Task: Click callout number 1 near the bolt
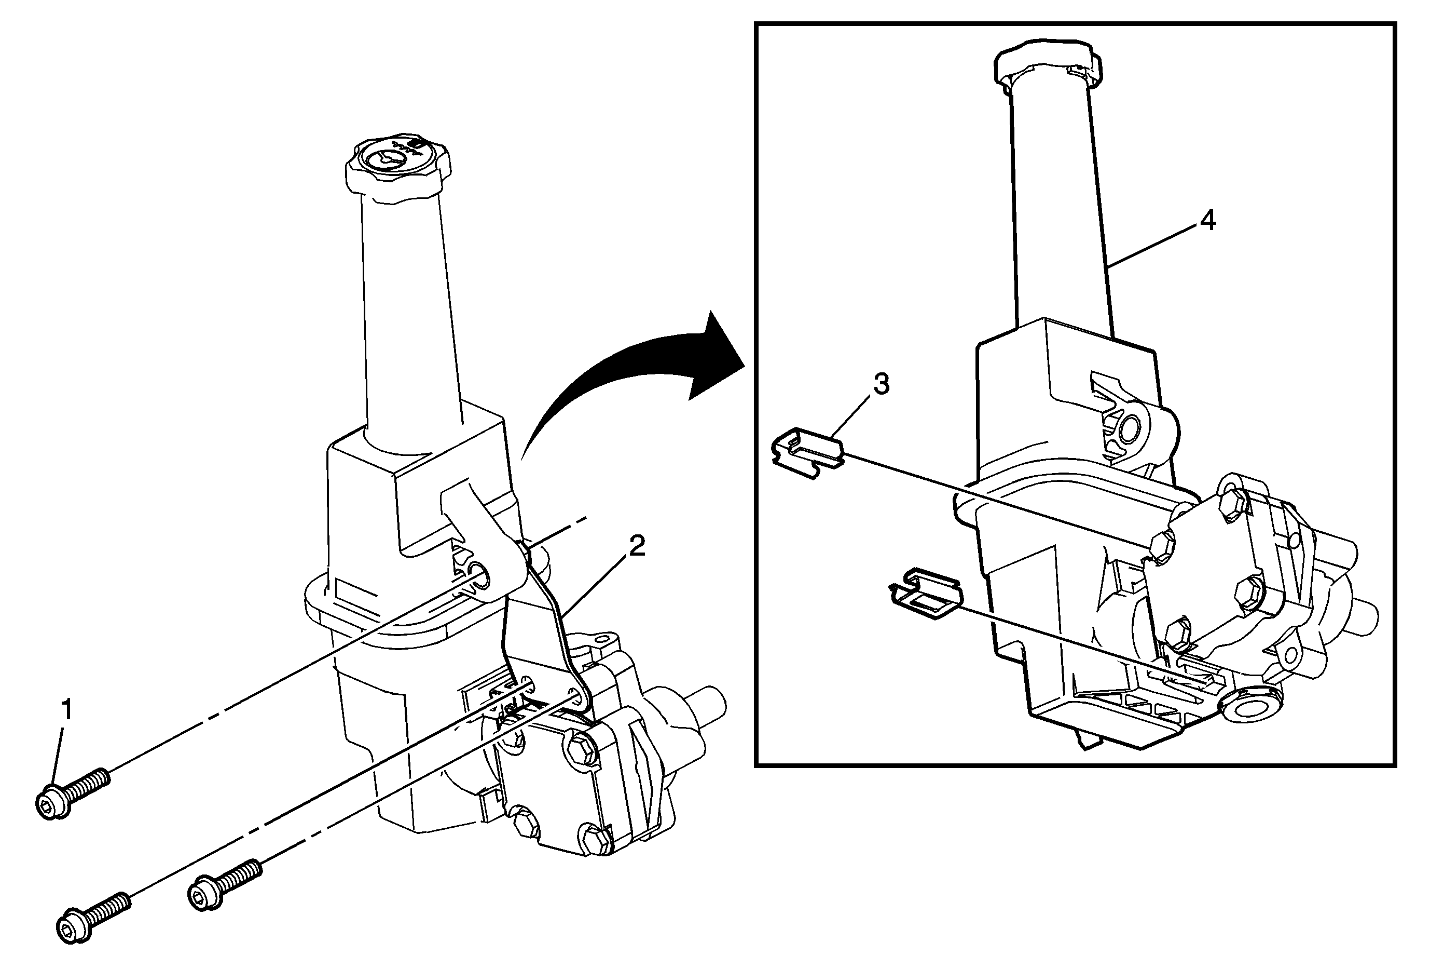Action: [66, 709]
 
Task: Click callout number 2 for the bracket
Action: [636, 546]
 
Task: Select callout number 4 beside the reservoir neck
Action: [1208, 220]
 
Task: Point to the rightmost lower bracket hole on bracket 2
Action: [575, 696]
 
